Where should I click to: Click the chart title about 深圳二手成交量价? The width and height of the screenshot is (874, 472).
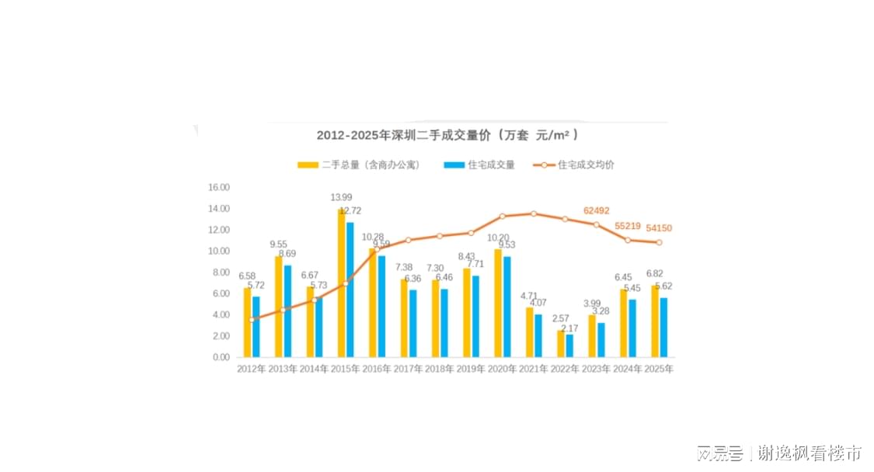(x=447, y=135)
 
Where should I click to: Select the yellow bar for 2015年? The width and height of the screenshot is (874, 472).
(x=341, y=283)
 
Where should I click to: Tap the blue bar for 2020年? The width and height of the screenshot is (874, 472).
(x=507, y=307)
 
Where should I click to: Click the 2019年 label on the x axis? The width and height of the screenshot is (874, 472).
(x=471, y=369)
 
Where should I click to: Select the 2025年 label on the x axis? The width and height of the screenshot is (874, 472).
(x=659, y=369)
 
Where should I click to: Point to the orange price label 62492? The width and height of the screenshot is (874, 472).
(x=597, y=210)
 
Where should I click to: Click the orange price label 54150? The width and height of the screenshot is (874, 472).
(x=659, y=227)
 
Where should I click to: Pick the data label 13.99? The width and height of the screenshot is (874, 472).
(x=341, y=197)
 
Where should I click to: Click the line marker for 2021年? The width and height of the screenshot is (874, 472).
(x=534, y=213)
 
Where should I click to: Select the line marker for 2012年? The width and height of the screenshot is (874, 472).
(x=252, y=319)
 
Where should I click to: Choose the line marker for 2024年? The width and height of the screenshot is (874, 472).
(x=628, y=240)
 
